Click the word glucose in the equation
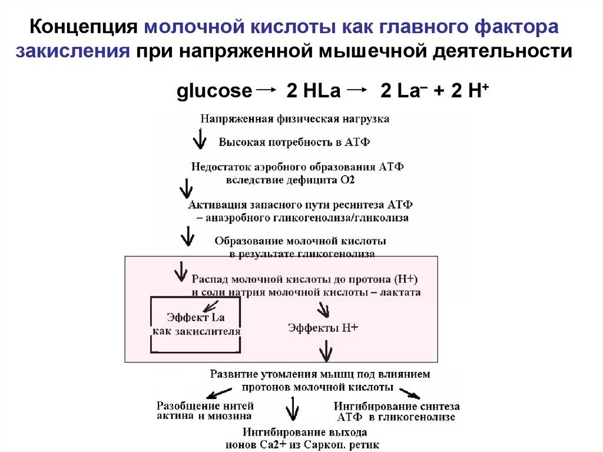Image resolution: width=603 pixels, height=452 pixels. point(214,91)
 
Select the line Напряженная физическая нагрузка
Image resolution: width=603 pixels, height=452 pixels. point(294,118)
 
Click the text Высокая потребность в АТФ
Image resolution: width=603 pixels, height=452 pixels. point(294,142)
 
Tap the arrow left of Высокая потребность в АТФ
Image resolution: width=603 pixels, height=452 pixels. point(200,140)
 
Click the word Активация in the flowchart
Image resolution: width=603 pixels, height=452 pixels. point(211,206)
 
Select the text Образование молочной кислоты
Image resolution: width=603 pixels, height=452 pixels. point(300,242)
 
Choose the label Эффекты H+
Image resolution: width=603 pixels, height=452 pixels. point(323,328)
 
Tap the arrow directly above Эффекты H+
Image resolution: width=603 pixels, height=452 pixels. point(323,309)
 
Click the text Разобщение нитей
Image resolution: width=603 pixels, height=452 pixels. point(205,405)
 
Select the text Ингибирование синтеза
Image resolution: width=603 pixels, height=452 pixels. point(396,406)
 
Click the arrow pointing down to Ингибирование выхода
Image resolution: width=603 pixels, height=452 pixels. point(291,408)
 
